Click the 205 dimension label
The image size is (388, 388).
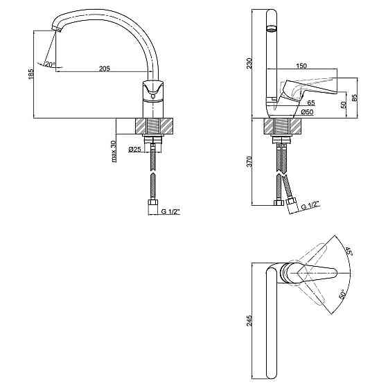(x=105, y=69)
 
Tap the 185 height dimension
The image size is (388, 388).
(x=30, y=74)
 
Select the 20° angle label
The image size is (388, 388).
(x=50, y=65)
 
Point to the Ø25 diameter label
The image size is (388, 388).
(x=135, y=149)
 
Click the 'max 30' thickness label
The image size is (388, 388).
(x=114, y=152)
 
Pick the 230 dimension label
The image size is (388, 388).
(x=249, y=63)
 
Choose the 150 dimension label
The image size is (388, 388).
(x=301, y=66)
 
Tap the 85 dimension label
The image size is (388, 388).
(x=354, y=97)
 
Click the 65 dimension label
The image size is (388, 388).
(x=311, y=103)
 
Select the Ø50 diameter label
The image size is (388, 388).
(x=308, y=112)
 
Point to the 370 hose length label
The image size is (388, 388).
(x=249, y=161)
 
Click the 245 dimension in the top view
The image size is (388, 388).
(x=249, y=320)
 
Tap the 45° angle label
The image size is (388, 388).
(x=349, y=251)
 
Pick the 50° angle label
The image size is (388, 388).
(x=342, y=294)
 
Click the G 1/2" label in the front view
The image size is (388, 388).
(x=170, y=212)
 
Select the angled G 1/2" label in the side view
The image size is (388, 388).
(x=310, y=205)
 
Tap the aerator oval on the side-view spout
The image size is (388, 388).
(x=272, y=28)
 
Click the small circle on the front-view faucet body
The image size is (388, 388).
(x=153, y=96)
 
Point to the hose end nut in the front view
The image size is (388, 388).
(x=153, y=202)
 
